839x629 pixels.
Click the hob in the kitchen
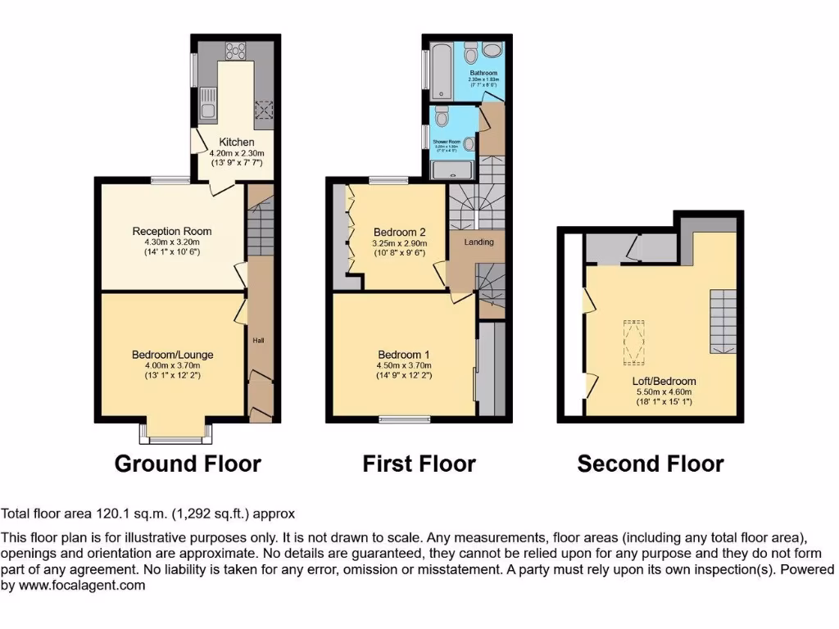pyautogui.click(x=236, y=52)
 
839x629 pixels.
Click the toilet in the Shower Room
pyautogui.click(x=443, y=119)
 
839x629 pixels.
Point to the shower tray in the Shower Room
pyautogui.click(x=452, y=170)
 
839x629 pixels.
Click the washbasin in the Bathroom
pyautogui.click(x=493, y=50)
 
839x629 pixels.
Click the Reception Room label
pyautogui.click(x=172, y=232)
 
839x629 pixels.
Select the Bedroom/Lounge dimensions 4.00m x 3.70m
pyautogui.click(x=172, y=366)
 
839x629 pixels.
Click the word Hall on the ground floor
pyautogui.click(x=258, y=340)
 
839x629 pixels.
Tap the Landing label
pyautogui.click(x=478, y=242)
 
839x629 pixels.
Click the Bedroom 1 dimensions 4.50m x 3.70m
pyautogui.click(x=404, y=365)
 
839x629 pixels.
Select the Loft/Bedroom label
pyautogui.click(x=664, y=381)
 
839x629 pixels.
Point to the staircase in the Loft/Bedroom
pyautogui.click(x=722, y=319)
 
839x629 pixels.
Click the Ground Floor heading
pyautogui.click(x=188, y=464)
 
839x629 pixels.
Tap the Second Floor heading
pyautogui.click(x=651, y=464)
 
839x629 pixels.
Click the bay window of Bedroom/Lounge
pyautogui.click(x=175, y=428)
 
